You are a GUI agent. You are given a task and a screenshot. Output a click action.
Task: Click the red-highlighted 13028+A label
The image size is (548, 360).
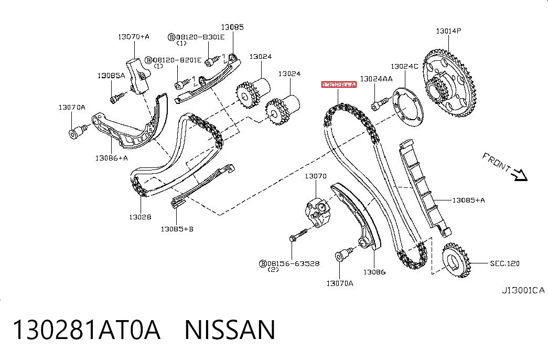[x=339, y=84]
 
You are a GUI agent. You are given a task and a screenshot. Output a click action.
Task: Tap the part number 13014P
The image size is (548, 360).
[x=448, y=31]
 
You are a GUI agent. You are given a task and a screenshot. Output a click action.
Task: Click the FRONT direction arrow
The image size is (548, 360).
[x=519, y=175]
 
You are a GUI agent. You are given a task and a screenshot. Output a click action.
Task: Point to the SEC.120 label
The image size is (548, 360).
[x=504, y=263]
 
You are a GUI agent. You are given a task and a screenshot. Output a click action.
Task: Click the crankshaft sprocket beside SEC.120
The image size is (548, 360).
[x=456, y=261]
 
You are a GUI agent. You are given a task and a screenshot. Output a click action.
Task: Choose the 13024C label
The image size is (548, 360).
[x=404, y=66]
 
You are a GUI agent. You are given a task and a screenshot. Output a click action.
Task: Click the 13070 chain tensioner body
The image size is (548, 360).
[x=318, y=213]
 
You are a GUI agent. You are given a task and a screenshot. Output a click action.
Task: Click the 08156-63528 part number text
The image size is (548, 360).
[x=293, y=263]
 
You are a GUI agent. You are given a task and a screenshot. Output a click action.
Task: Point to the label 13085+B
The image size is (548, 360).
[x=177, y=229]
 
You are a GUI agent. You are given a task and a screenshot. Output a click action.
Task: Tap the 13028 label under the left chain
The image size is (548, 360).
[x=140, y=217]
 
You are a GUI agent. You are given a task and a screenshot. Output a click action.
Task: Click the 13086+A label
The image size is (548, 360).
[x=112, y=158]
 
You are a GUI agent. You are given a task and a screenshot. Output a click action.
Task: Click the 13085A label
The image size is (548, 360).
[x=111, y=76]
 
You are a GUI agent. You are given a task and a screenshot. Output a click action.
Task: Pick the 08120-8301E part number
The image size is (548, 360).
[x=200, y=37]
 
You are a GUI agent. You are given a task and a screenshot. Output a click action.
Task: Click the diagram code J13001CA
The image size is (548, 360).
[x=523, y=290]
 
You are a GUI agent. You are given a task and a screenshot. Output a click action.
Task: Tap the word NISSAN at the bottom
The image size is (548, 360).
[x=230, y=330]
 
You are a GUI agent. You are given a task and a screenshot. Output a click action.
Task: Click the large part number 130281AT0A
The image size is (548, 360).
[x=87, y=330]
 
